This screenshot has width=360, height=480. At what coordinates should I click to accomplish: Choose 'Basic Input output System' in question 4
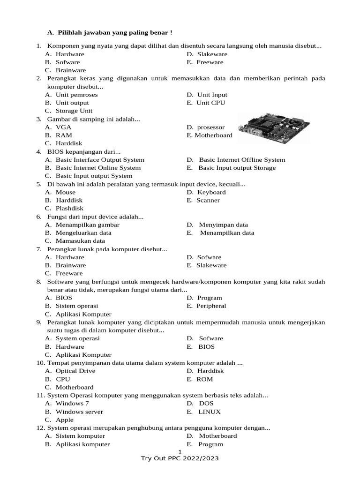click(94, 176)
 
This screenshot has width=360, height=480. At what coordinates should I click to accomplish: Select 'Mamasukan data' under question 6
click(80, 241)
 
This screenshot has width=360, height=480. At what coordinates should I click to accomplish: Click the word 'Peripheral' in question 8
click(211, 306)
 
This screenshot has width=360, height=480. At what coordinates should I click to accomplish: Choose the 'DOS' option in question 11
click(206, 403)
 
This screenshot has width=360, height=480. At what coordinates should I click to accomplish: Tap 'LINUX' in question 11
click(210, 412)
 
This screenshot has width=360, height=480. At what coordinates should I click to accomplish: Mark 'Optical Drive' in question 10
click(75, 371)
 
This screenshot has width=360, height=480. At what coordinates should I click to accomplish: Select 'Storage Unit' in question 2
click(74, 111)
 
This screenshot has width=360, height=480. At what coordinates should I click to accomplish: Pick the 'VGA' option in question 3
click(64, 127)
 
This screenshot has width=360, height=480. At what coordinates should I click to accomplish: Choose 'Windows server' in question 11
click(79, 412)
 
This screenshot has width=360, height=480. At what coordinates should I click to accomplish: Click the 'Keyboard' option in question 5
click(211, 192)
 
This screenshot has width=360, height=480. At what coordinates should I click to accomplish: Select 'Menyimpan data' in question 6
click(223, 225)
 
